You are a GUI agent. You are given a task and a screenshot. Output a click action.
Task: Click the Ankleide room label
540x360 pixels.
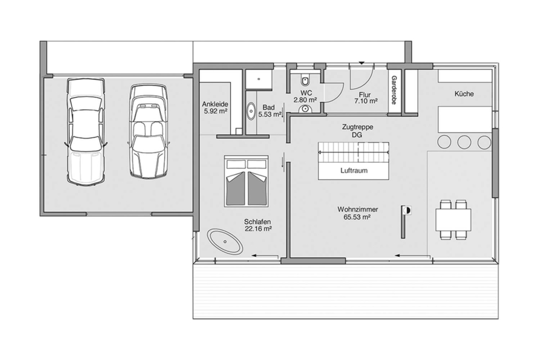point(215,104)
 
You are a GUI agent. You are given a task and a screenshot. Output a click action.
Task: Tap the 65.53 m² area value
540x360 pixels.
point(357,217)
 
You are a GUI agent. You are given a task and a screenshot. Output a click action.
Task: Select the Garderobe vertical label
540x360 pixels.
point(394,90)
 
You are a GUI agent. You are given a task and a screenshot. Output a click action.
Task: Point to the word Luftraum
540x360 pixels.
point(354,170)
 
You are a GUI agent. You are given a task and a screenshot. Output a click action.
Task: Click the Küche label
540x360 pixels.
point(464,94)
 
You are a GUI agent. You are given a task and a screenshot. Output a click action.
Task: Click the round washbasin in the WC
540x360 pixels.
point(305,109)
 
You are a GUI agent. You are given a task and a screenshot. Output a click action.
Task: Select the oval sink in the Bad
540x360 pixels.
point(251,111)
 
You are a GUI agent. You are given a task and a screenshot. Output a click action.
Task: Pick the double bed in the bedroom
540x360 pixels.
point(246,181)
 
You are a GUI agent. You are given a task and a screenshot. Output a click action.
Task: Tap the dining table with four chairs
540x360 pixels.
point(453,220)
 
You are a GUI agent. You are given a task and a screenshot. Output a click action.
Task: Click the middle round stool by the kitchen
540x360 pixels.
point(464,142)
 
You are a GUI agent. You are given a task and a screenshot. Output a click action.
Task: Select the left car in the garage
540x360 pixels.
point(85,132)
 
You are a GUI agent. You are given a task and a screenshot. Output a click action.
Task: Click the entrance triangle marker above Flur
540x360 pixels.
point(361,63)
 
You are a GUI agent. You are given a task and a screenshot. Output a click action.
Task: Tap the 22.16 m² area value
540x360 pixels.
point(258,228)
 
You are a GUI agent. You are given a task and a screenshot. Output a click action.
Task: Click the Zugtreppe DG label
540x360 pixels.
point(358,131)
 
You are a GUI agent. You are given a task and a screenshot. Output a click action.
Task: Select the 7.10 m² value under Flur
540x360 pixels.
point(366,101)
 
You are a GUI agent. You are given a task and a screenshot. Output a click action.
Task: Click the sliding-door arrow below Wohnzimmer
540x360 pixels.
point(413,256)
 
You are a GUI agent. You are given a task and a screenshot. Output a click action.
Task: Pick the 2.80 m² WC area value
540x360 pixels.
point(305,100)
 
